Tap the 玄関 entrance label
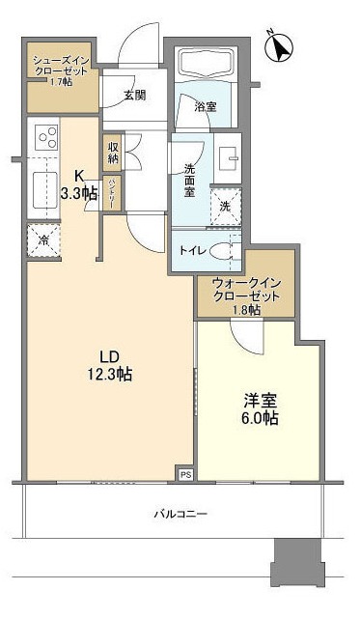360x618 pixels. coord(134,95)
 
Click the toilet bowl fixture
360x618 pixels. coord(223,250)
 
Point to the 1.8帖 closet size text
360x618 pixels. coord(246,310)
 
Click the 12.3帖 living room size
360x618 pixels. coord(111,376)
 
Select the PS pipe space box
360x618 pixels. coord(184,473)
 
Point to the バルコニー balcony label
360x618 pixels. coord(180,514)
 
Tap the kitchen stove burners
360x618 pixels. coord(45,138)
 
